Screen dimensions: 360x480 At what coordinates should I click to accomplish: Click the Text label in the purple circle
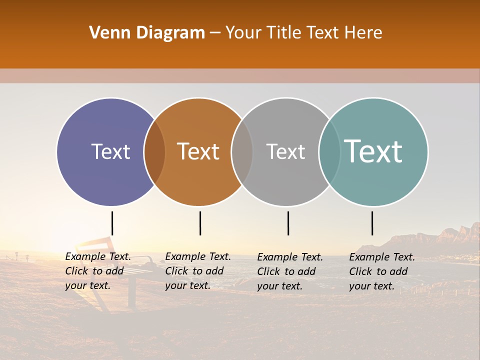[x=110, y=151]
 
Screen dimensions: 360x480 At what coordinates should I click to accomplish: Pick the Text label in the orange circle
[x=198, y=151]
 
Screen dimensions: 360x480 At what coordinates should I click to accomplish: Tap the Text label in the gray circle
[x=285, y=151]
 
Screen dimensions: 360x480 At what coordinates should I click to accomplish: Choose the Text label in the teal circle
[x=373, y=151]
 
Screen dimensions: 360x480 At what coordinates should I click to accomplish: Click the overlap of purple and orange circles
[x=154, y=151]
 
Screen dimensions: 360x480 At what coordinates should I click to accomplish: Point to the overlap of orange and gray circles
[x=242, y=151]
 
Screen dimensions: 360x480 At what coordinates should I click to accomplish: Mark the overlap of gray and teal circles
[x=329, y=151]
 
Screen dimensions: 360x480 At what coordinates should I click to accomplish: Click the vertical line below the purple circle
[x=112, y=223]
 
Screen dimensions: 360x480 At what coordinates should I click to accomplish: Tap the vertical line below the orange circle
[x=200, y=223]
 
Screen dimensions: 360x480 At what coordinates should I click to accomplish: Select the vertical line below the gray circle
[x=288, y=223]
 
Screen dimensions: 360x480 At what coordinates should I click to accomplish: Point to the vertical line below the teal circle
[x=372, y=223]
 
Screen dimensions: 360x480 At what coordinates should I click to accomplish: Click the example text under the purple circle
[x=97, y=271]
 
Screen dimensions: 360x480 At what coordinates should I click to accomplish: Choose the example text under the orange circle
[x=197, y=271]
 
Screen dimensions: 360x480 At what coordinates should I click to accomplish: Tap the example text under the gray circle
[x=289, y=271]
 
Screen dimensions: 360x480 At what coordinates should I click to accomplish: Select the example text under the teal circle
[x=381, y=271]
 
